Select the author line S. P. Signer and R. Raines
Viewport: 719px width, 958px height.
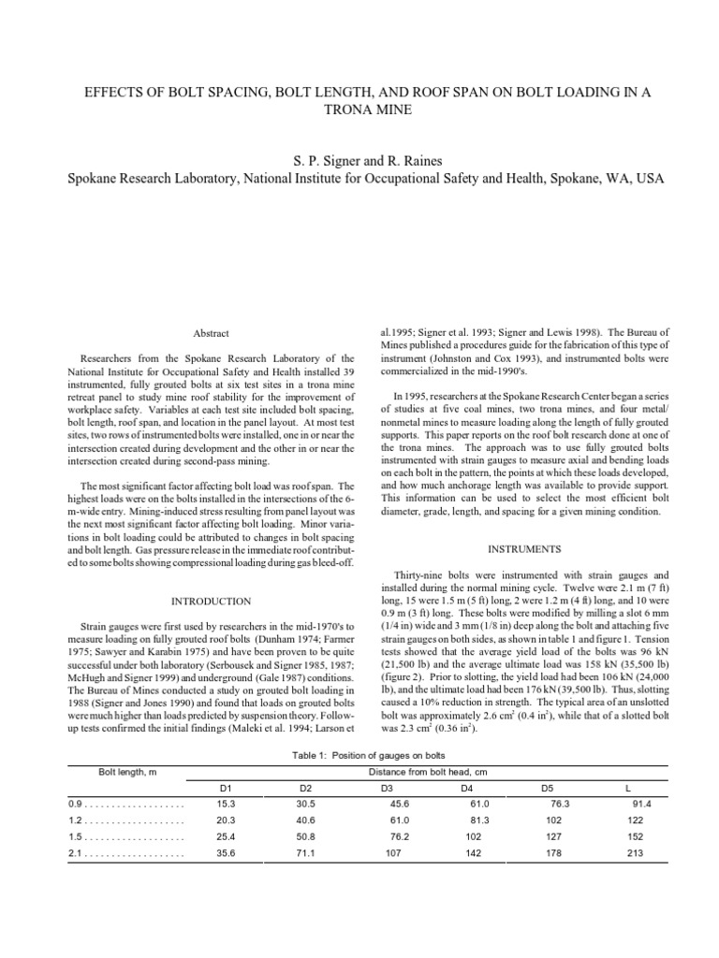coord(359,160)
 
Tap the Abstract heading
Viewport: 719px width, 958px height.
coord(211,333)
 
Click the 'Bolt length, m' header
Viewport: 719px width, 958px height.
coord(125,772)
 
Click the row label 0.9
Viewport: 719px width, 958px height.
coord(76,804)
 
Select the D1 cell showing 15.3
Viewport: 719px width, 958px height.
coord(225,804)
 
